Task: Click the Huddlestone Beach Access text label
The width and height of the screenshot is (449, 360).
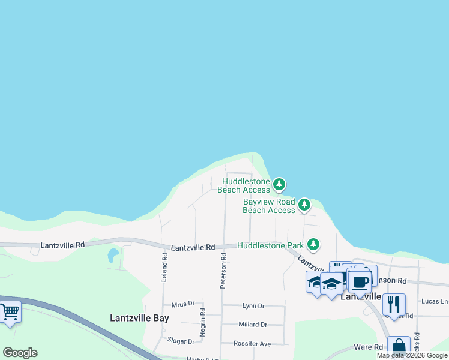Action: pos(246,185)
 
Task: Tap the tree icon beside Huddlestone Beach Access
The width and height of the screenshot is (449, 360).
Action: pos(279,184)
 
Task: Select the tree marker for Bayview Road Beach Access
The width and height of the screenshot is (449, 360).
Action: pos(304,205)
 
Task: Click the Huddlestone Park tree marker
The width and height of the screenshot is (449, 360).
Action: pos(313,245)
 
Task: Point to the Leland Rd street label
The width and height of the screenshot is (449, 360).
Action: pos(164,268)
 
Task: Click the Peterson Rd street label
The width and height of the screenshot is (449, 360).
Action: pos(223,271)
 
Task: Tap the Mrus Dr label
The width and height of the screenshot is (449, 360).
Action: pos(184,304)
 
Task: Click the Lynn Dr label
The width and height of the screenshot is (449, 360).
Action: pos(253,306)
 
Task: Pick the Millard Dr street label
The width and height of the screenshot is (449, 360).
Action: pos(252,325)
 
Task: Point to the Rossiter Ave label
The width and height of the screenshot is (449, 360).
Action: pos(255,344)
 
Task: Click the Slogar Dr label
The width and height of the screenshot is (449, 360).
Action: pos(181,341)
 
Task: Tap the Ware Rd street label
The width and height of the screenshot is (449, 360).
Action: pos(369,347)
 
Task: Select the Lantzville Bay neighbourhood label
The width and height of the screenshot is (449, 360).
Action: pos(139,319)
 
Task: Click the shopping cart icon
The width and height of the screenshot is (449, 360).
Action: pos(10,313)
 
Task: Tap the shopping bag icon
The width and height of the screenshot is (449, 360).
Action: pos(399,347)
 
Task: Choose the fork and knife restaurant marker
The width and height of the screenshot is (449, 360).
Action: pos(394,304)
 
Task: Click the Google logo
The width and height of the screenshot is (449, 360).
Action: pos(20,353)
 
